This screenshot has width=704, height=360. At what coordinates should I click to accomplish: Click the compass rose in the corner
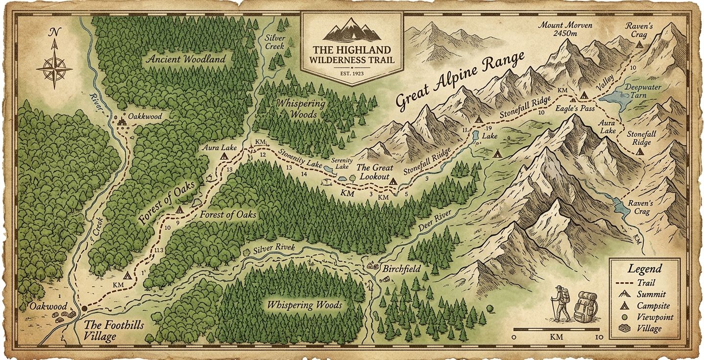pyautogui.click(x=54, y=67)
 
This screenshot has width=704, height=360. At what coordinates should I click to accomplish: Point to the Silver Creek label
pyautogui.click(x=275, y=42)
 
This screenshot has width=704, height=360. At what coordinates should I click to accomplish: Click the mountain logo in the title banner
pyautogui.click(x=352, y=30)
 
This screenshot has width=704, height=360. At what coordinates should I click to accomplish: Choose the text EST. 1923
pyautogui.click(x=352, y=74)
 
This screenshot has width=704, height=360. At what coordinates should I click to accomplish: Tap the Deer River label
pyautogui.click(x=439, y=219)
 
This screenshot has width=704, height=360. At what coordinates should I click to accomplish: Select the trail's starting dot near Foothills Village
pyautogui.click(x=84, y=309)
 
